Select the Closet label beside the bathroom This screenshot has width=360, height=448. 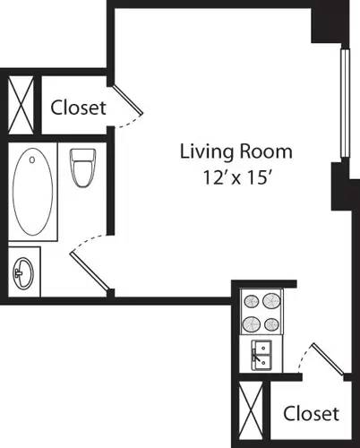(78, 108)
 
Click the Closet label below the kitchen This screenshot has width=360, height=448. (311, 413)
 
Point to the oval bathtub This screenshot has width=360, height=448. (34, 192)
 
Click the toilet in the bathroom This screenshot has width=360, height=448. (82, 168)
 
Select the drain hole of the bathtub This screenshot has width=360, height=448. (32, 161)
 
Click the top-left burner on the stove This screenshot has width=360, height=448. (251, 300)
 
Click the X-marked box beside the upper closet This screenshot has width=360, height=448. (21, 103)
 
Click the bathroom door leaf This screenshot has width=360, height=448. (90, 271)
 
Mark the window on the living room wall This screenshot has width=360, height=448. (341, 102)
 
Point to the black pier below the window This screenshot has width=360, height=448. (340, 186)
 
